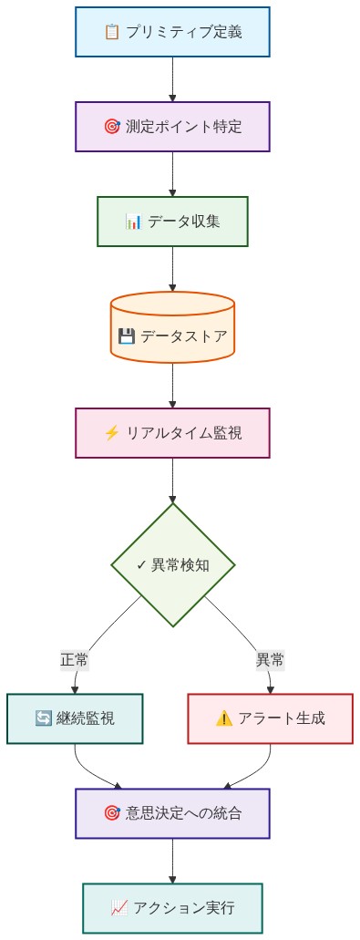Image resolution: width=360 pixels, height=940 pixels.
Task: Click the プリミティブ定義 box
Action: (x=172, y=32)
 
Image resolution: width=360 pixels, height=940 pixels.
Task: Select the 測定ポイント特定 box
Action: (x=172, y=126)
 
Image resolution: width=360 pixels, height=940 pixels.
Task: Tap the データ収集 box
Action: (x=172, y=221)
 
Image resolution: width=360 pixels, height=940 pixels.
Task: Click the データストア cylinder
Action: (x=172, y=336)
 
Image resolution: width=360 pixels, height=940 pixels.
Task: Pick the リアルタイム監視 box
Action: (x=172, y=432)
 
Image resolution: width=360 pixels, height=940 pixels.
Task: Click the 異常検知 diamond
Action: (x=172, y=564)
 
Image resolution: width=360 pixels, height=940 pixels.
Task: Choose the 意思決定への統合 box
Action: (x=172, y=812)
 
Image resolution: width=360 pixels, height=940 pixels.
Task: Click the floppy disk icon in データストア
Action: (x=127, y=336)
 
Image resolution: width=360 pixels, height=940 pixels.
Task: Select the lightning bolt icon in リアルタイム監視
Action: (x=112, y=433)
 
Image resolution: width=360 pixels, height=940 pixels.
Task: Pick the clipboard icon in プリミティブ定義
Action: (x=112, y=32)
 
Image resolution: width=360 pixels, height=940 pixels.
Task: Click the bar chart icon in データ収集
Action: (x=133, y=222)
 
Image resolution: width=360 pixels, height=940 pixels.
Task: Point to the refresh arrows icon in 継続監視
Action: (x=43, y=718)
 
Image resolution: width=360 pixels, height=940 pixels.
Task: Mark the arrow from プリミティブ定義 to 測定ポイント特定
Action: (x=172, y=78)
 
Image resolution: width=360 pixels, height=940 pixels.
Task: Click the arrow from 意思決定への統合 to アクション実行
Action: (x=172, y=860)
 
